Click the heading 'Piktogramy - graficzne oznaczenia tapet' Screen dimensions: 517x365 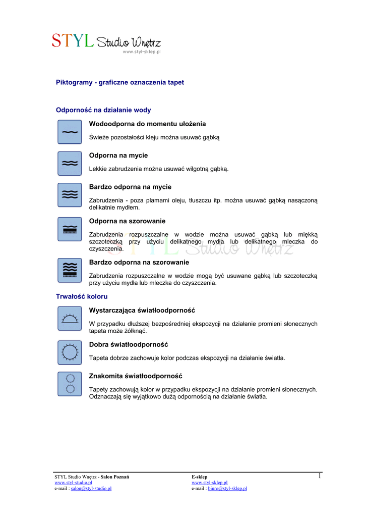[x=119, y=82]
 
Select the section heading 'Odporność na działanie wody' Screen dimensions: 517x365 [x=103, y=110]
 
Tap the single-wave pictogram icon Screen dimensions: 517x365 [x=70, y=132]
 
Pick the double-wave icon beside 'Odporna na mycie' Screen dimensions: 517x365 [x=70, y=163]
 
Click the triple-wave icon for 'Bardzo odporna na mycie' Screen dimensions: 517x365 [x=70, y=195]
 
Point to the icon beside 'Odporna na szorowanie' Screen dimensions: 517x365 [x=70, y=229]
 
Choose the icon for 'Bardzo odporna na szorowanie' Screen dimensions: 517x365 [x=70, y=270]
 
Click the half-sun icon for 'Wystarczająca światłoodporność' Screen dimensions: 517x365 [x=70, y=318]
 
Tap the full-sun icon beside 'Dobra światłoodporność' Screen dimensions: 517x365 [x=70, y=352]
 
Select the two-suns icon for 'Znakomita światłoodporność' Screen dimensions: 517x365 [x=70, y=384]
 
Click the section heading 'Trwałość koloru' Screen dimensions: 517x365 [x=81, y=296]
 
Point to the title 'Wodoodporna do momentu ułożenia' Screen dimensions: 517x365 [x=147, y=124]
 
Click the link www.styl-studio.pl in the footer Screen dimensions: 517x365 [x=73, y=483]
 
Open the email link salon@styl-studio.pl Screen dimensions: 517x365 [x=91, y=488]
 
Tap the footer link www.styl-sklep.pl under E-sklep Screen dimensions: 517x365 [x=209, y=483]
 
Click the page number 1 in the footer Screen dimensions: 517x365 [x=320, y=476]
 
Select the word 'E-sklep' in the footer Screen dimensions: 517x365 [x=199, y=477]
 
